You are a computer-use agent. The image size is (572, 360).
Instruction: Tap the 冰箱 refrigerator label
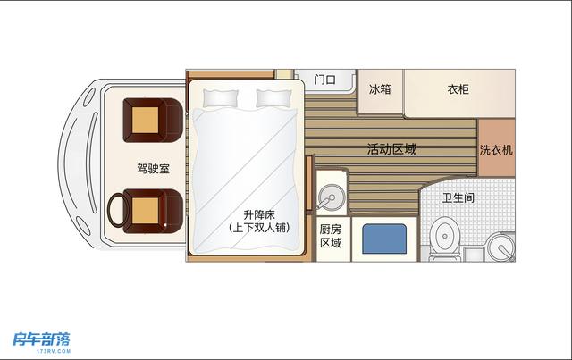[380, 89]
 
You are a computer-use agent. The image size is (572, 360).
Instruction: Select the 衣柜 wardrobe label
[458, 89]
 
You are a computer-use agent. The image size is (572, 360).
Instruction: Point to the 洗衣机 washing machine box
[496, 150]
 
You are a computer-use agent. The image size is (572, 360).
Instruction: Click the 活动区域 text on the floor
[391, 150]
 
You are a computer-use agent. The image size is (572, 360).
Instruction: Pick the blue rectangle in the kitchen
[385, 240]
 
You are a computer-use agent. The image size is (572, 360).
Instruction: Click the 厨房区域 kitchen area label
[331, 235]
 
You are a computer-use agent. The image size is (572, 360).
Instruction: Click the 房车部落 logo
[41, 339]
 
